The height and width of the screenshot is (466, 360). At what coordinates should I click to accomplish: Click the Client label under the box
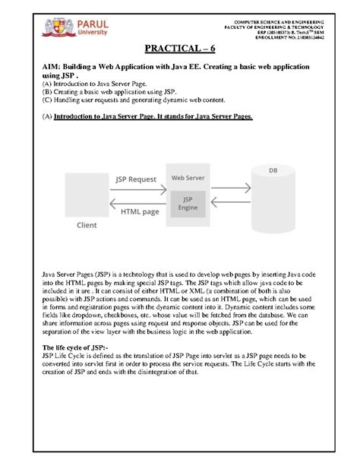[x=87, y=226]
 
